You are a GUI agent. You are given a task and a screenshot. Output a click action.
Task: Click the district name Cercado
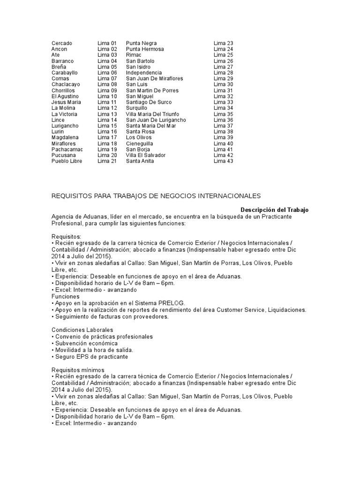coord(61,43)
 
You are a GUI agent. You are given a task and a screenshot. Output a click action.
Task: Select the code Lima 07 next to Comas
coord(107,79)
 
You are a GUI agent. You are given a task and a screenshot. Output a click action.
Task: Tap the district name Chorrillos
coord(63,90)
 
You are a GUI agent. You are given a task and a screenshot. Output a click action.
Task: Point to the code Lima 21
coord(107,161)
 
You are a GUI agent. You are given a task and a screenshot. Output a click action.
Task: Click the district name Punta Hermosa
coord(145,49)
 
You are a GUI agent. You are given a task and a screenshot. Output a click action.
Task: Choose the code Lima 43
coord(223,161)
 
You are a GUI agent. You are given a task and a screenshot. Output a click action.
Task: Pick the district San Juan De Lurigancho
coord(156,120)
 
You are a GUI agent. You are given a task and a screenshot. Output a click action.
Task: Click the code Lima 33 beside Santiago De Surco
coord(223,102)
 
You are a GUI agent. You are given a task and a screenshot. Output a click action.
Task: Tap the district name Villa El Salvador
coord(145,155)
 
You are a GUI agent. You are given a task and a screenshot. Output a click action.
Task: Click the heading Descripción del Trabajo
coord(275,210)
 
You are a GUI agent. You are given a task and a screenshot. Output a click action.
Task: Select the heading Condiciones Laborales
coord(82,330)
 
